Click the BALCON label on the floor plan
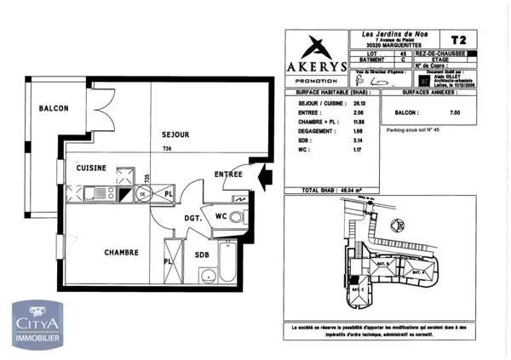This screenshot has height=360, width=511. point(53,109)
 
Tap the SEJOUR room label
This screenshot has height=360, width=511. point(175,134)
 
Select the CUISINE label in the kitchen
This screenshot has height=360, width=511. point(91,169)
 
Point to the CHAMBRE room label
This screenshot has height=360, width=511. point(122,253)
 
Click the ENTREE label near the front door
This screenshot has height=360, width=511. point(228,174)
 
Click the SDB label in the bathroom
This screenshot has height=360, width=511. point(201,255)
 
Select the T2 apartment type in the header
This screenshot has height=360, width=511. point(457,40)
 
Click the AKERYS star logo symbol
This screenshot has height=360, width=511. point(316,48)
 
